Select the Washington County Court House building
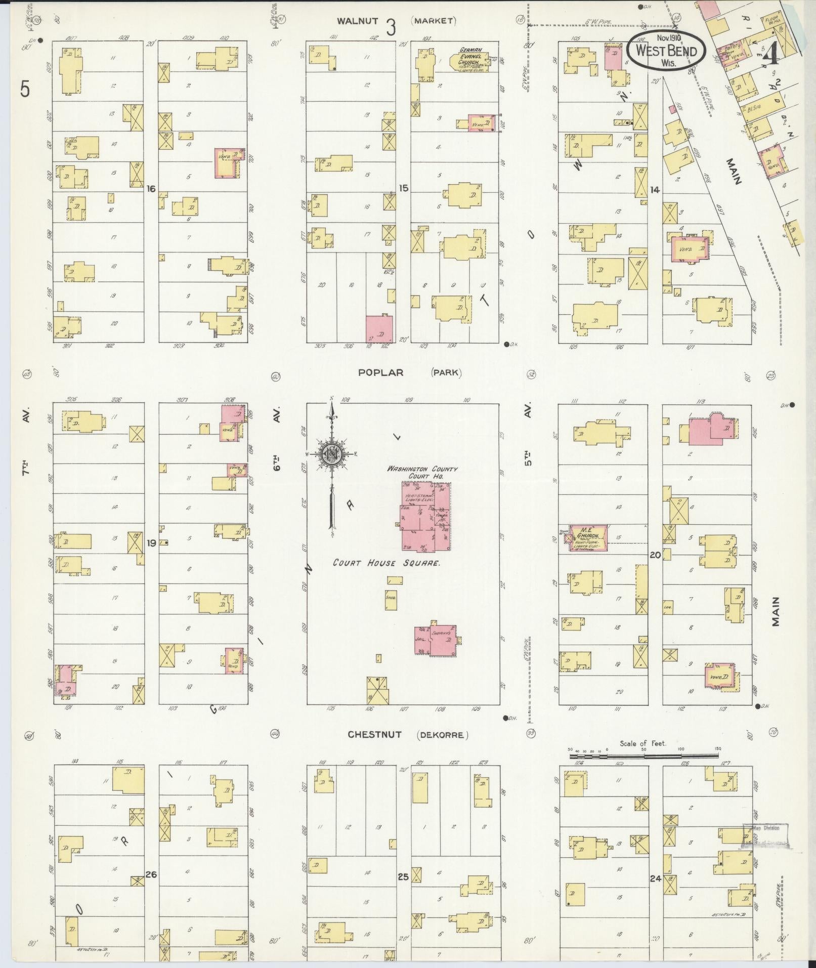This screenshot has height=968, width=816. coord(425,516)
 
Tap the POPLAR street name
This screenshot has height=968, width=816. coord(380,372)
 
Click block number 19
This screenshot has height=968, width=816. coord(151,543)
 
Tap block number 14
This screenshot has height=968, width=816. coord(655,190)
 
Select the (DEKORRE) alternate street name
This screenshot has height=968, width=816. coord(441,735)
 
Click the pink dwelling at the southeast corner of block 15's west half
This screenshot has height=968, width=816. coord(379,328)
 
